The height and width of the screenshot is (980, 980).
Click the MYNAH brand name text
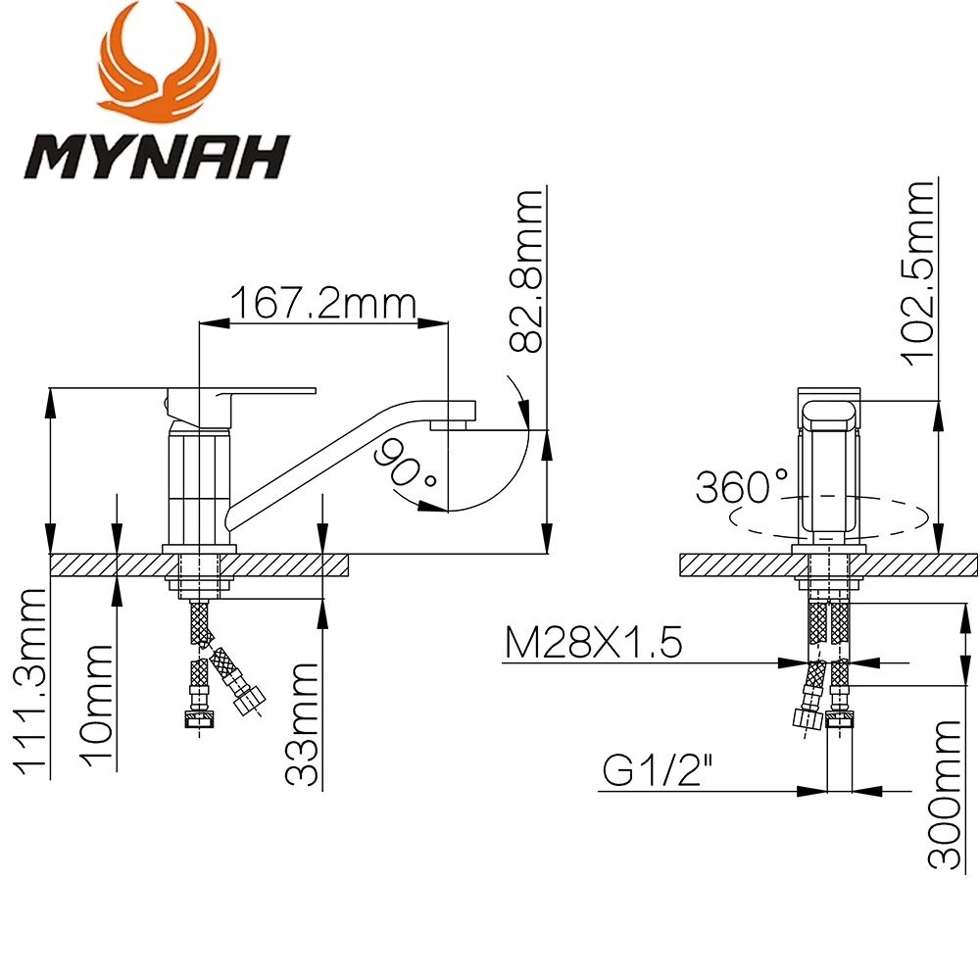(x=157, y=156)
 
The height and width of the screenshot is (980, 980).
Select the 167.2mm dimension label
(x=323, y=303)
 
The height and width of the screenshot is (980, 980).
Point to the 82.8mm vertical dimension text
(x=528, y=271)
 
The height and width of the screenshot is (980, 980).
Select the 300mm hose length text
(x=946, y=794)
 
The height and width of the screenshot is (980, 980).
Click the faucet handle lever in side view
(x=265, y=392)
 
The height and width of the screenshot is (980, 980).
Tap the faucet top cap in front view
(x=830, y=409)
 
